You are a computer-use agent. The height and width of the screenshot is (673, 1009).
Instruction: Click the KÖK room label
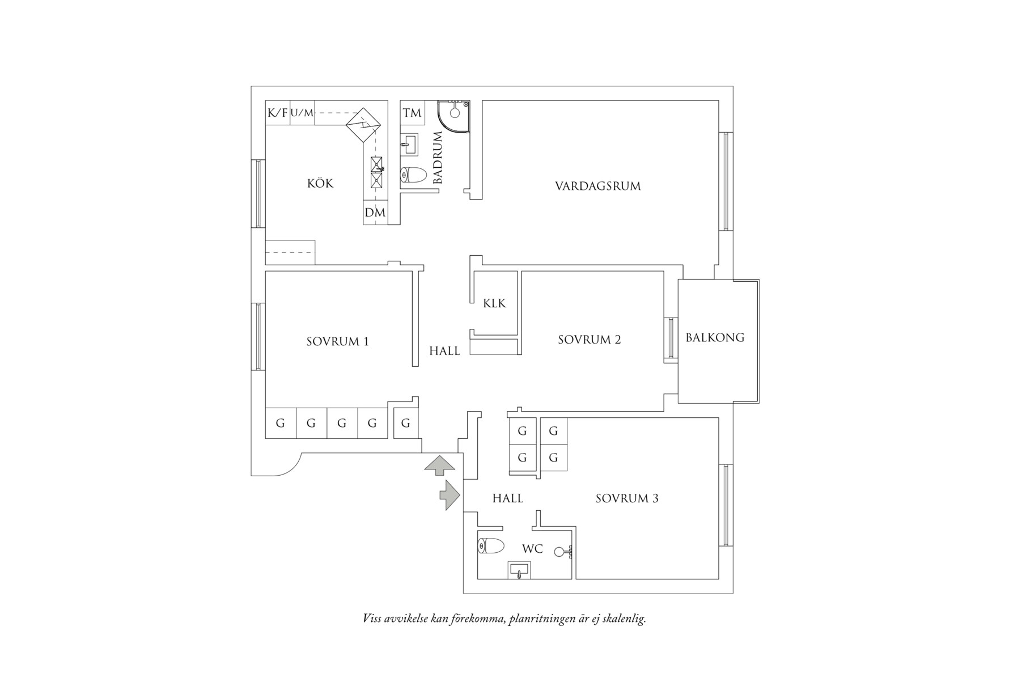(320, 183)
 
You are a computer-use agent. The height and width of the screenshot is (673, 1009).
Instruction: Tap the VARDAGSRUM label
(598, 186)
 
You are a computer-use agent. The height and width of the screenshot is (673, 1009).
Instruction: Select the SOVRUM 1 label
(337, 341)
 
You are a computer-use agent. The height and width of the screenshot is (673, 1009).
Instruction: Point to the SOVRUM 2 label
(590, 340)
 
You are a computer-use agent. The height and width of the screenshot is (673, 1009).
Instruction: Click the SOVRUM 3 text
(627, 498)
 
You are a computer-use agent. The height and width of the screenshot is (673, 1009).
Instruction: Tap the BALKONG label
(715, 337)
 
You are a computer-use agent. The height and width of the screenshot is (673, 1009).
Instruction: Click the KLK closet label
(494, 303)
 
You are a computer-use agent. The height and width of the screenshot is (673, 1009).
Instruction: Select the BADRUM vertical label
(438, 158)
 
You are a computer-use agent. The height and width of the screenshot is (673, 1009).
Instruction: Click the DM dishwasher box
(375, 213)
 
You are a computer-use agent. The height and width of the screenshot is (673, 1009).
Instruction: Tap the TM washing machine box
(412, 113)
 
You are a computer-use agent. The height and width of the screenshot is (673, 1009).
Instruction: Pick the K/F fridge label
(277, 113)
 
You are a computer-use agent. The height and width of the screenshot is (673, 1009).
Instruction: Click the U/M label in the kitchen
(302, 113)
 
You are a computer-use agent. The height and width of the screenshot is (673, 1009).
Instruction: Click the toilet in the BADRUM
(413, 175)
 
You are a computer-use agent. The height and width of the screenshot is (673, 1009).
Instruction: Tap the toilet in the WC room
(491, 546)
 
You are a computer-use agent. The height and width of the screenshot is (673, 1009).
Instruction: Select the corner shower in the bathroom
(453, 116)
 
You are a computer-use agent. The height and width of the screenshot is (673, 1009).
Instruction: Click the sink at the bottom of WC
(519, 570)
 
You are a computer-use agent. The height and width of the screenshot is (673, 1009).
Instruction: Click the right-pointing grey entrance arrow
(450, 495)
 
